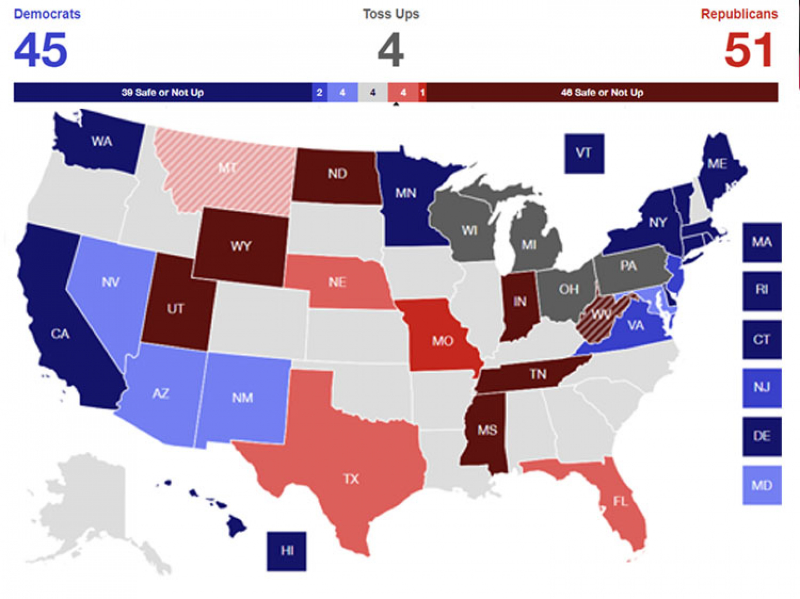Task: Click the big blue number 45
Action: (41, 51)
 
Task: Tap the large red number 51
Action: (749, 51)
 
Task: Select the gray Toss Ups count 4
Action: (391, 51)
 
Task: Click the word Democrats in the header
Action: (47, 14)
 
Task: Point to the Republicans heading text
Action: (739, 14)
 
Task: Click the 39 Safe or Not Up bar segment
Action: (162, 93)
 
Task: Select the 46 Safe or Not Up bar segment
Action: (602, 93)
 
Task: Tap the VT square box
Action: (584, 153)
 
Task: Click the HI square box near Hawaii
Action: (287, 551)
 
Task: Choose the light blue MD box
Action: (762, 485)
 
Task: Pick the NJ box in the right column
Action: (762, 387)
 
